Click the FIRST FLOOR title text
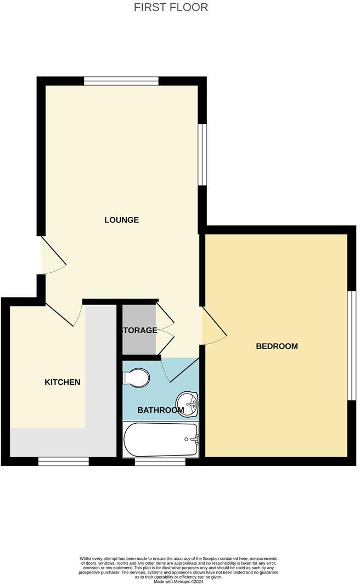(171, 8)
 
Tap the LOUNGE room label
(121, 220)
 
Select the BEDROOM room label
(277, 346)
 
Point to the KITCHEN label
(63, 382)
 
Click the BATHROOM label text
(160, 411)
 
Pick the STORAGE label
(139, 330)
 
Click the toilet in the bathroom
(136, 377)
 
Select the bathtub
(160, 439)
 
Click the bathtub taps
(195, 439)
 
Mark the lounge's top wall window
(121, 81)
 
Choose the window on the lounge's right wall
(202, 154)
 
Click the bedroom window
(352, 345)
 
